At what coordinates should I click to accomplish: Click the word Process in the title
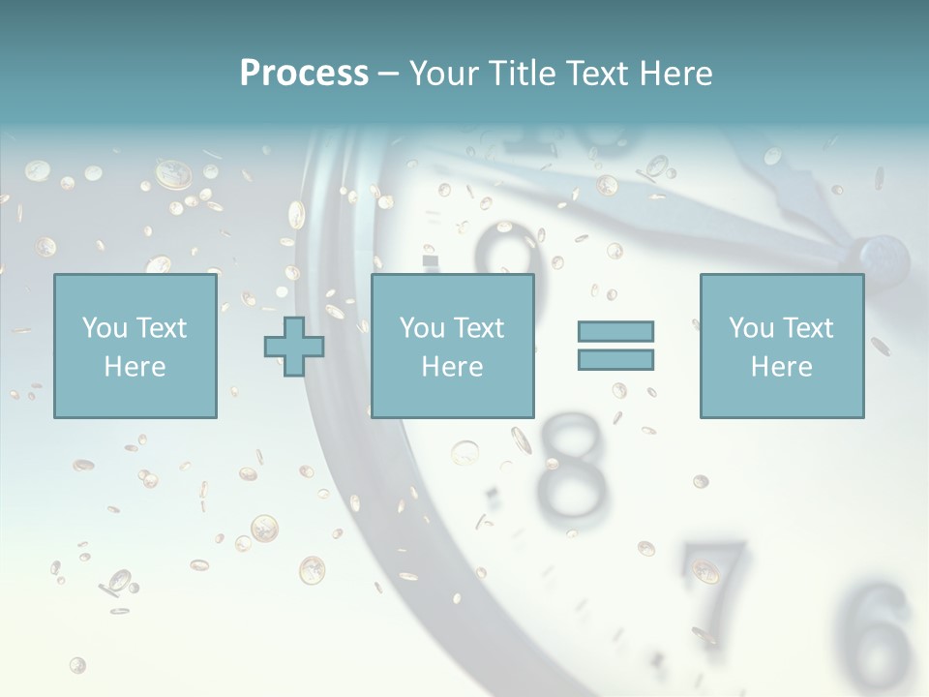coord(304,74)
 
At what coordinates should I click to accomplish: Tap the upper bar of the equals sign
coord(615,331)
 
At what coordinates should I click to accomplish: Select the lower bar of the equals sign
coord(615,359)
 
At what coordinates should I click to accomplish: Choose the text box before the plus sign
coord(135,347)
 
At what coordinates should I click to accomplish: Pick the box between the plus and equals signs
coord(452,347)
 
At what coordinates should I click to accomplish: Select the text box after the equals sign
coord(781,347)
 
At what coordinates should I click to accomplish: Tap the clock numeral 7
coord(716,581)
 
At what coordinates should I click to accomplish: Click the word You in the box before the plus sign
coord(103,328)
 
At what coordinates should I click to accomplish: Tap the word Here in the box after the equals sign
coord(781,367)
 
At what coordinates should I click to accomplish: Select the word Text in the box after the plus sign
coord(480,328)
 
